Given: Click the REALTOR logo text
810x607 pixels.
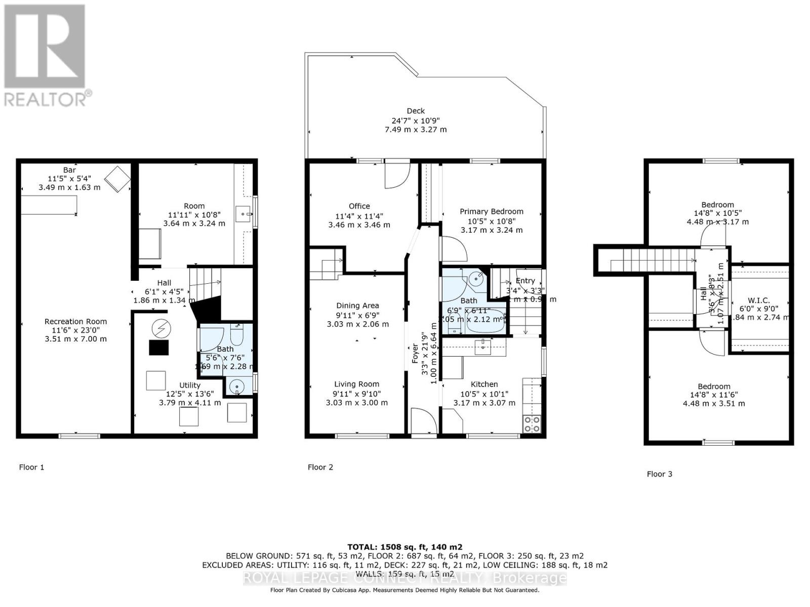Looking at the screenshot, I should [48, 98].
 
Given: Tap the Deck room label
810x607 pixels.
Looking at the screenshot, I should [416, 111].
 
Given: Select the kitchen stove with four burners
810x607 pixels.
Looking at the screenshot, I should [532, 424].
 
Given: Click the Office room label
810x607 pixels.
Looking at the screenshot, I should [359, 206].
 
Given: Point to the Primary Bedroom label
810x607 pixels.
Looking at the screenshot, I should [491, 211].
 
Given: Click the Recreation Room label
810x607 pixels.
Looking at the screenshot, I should [75, 321].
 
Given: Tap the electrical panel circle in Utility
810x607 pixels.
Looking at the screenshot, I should [161, 329].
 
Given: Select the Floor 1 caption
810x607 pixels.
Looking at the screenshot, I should [31, 467].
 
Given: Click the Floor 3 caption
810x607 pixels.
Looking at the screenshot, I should [659, 474].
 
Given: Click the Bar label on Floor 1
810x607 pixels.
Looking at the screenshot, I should [69, 170].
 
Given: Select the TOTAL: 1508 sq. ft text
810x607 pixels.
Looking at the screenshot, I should [404, 547].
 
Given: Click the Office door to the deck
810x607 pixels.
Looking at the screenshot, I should [396, 173].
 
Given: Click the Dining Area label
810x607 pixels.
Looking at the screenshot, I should [357, 306].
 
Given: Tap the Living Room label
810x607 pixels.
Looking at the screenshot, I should [356, 384].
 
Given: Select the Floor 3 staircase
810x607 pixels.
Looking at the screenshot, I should [653, 262].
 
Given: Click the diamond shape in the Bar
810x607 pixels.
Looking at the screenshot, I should [117, 179].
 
